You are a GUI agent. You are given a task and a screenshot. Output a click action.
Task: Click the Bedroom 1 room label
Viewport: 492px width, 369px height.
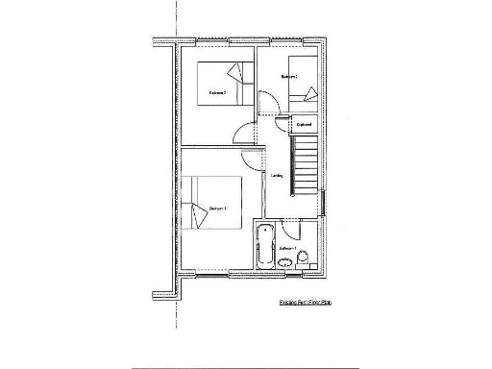pyautogui.click(x=217, y=208)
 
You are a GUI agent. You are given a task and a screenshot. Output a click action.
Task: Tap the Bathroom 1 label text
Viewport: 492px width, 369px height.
pyautogui.click(x=285, y=248)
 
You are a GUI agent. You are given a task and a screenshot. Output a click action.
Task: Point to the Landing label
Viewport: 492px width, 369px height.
pyautogui.click(x=277, y=175)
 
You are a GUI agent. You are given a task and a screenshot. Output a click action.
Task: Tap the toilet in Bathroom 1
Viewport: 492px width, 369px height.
pyautogui.click(x=304, y=258)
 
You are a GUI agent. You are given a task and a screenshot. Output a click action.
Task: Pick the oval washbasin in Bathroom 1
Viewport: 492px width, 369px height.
pyautogui.click(x=285, y=261)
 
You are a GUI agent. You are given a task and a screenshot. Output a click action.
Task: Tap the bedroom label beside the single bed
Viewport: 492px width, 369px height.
pyautogui.click(x=289, y=76)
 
